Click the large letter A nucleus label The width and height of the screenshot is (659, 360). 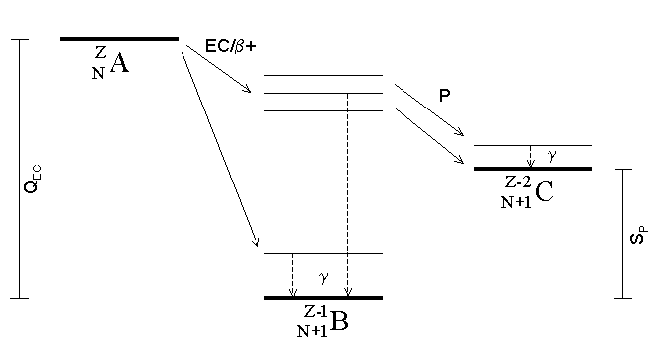tap(119, 63)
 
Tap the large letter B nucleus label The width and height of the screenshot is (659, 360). tap(339, 322)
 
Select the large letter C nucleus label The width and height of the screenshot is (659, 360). tap(545, 192)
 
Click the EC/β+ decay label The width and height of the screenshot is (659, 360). tap(230, 46)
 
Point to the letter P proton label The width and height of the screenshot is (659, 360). tap(444, 96)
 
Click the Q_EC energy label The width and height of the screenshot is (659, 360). tap(33, 180)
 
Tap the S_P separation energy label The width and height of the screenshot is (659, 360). tap(639, 235)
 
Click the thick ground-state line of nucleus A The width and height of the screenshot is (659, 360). tap(119, 39)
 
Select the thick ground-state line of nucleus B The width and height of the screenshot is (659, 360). tap(324, 298)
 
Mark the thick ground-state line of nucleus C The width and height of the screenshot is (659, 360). tap(533, 169)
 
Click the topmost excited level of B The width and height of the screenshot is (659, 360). tap(324, 76)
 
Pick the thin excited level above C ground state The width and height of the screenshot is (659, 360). tap(533, 145)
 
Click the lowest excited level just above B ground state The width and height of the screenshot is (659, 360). tap(324, 253)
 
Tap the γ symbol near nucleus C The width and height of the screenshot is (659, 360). tap(552, 156)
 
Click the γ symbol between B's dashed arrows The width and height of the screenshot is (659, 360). tap(324, 277)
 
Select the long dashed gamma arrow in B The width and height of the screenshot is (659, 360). tap(347, 194)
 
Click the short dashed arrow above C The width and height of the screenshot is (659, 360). tap(531, 156)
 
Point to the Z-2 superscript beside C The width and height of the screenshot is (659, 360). tap(518, 181)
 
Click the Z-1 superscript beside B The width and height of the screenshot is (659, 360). tap(315, 312)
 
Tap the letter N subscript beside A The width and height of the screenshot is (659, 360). tap(98, 74)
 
